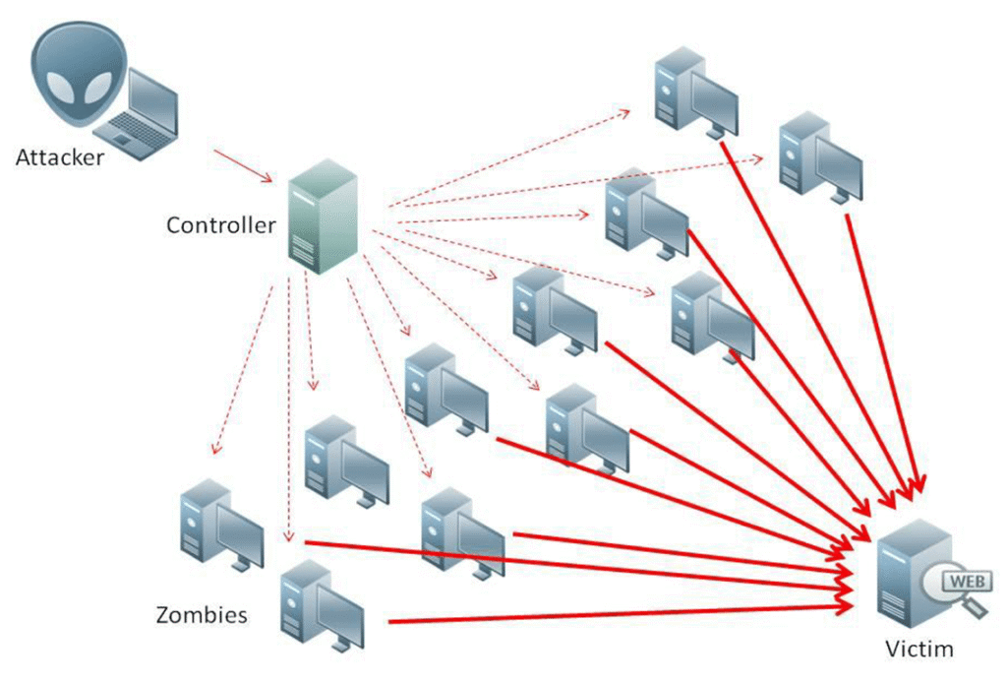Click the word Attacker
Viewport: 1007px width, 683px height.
(60, 157)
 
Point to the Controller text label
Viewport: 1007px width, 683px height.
(220, 224)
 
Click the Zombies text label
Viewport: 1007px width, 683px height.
(202, 616)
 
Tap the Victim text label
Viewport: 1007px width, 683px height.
(919, 649)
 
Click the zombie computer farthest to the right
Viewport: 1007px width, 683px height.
(820, 156)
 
